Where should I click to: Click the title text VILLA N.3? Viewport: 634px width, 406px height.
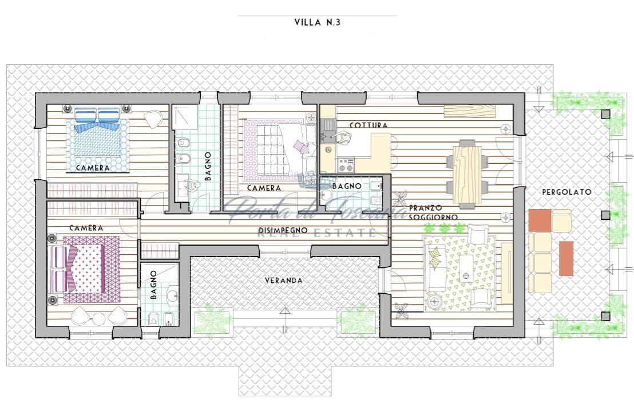[317, 22]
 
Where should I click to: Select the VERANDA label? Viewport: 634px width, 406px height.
[283, 280]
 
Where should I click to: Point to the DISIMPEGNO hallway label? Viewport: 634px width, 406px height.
[283, 230]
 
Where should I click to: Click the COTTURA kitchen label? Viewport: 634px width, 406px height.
[368, 125]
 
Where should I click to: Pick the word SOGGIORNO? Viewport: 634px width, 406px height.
[433, 217]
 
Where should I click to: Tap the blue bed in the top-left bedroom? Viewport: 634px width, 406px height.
[97, 132]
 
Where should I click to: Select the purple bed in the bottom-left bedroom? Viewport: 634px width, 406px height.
[85, 269]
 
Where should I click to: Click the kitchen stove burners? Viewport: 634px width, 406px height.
[346, 165]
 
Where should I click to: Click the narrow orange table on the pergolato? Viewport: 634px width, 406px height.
[566, 258]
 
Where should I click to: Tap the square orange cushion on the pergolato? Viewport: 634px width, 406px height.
[540, 220]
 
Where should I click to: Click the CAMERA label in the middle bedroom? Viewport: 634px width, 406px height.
[264, 188]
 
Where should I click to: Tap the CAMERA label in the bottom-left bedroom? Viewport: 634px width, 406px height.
[86, 228]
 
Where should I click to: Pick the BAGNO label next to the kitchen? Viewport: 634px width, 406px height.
[347, 186]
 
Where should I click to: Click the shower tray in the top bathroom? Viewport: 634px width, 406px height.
[185, 117]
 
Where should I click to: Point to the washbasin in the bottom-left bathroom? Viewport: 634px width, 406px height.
[173, 295]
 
